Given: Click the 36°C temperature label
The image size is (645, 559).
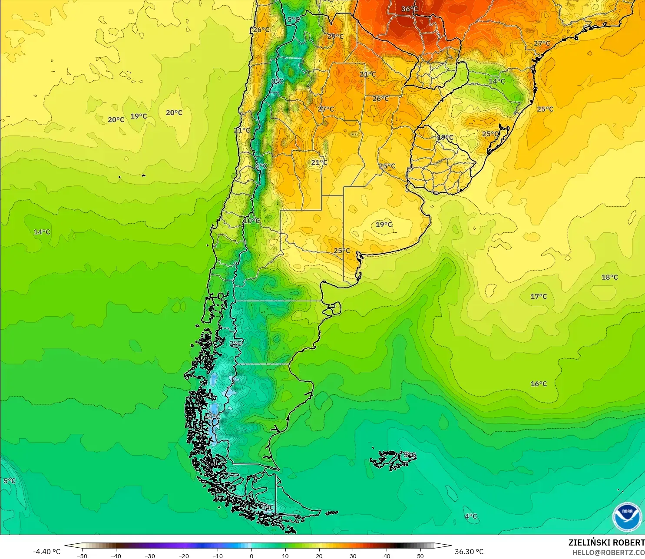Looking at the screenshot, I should [x=409, y=9].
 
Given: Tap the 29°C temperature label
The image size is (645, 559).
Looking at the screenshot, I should [x=335, y=36].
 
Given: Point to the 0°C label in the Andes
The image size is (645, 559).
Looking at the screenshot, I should [x=277, y=82].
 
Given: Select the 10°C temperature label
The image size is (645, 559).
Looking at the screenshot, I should [x=251, y=221].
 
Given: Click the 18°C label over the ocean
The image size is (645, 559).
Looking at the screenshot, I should [x=609, y=277].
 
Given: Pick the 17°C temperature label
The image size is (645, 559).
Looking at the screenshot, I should [x=539, y=296].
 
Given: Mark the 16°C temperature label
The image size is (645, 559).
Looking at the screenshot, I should [x=539, y=384].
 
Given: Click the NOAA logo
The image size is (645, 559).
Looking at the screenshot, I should [x=627, y=517].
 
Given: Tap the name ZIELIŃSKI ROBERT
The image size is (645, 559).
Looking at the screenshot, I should [x=606, y=542].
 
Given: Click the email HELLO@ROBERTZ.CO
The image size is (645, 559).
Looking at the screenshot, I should [x=608, y=552].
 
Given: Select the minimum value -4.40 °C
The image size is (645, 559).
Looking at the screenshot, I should [x=47, y=552].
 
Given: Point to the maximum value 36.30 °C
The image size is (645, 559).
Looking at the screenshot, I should [x=469, y=552].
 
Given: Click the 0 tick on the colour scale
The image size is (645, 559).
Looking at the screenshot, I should [x=251, y=556].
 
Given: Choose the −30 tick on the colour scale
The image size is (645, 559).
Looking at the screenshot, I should [x=150, y=556].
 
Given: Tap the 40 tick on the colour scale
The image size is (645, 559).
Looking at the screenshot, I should [x=387, y=556].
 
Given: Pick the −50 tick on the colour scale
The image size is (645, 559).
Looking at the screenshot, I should [x=82, y=556].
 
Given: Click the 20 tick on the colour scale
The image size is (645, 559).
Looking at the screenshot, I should [x=319, y=556].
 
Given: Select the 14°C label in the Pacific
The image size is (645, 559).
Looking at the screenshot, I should [x=42, y=232].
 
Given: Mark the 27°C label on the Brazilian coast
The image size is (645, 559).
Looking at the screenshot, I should [x=542, y=43].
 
